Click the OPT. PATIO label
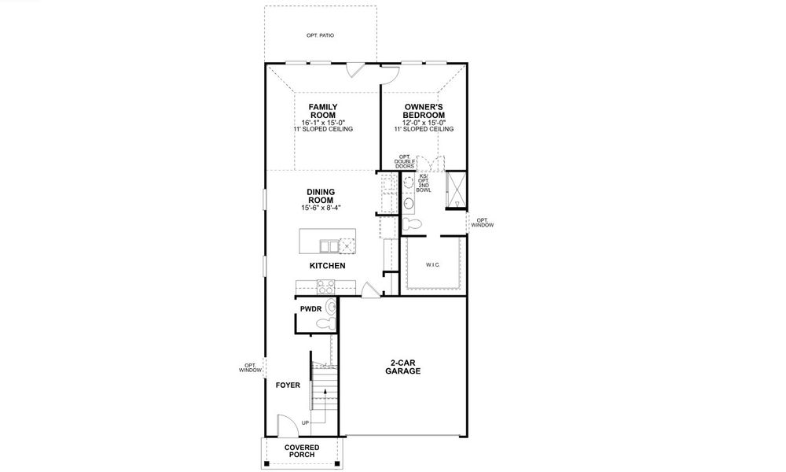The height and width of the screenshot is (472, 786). (x=320, y=36)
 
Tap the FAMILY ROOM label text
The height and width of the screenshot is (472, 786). (x=322, y=111)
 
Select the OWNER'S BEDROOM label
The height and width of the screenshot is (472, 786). (x=424, y=111)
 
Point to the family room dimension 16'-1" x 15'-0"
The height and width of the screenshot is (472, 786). (x=322, y=123)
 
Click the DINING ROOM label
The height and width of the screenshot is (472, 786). (x=321, y=196)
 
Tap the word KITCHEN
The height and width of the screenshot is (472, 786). (x=327, y=267)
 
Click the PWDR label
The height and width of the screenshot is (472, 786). (x=310, y=309)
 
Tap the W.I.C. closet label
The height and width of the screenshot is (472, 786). (x=433, y=265)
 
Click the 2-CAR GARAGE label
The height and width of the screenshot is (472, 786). (x=402, y=367)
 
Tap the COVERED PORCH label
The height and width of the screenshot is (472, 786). (x=302, y=452)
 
